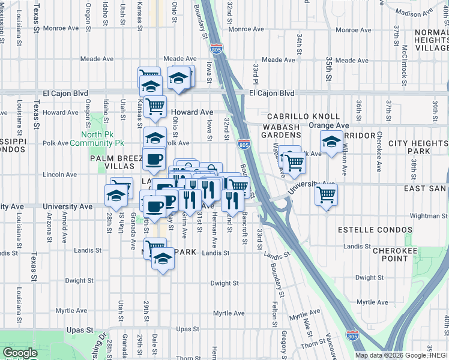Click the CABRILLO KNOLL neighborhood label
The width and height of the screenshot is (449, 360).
coord(303,116)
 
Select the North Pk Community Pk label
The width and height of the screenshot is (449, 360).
coord(97,139)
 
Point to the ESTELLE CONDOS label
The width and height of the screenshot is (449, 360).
coord(375,230)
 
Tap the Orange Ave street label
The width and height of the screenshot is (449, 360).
coord(329,125)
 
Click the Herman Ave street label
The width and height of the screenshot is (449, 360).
coord(214,235)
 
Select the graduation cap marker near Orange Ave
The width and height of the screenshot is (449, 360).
coord(331,143)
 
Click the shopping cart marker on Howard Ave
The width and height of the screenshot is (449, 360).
coord(155,107)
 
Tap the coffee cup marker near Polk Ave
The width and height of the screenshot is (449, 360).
coord(154,160)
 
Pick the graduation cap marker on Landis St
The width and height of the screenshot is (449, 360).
coord(162,259)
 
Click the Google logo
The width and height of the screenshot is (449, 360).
coord(20,353)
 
